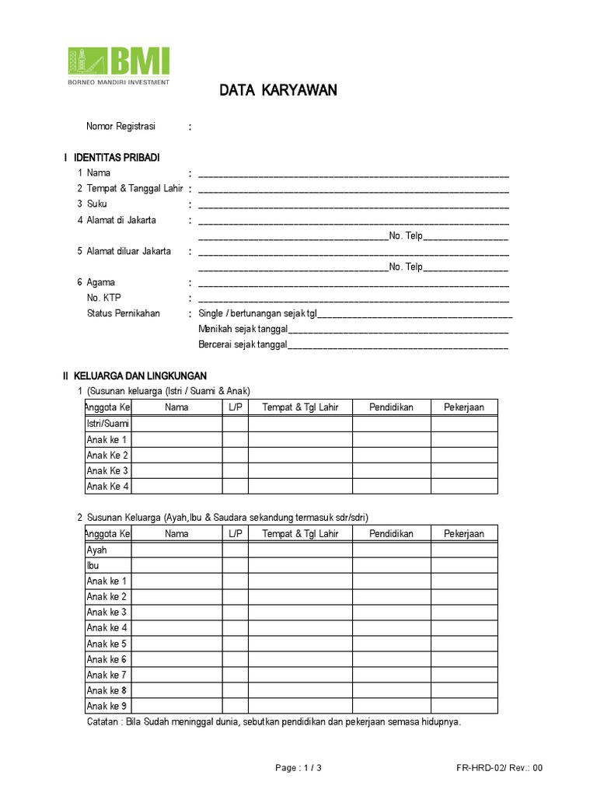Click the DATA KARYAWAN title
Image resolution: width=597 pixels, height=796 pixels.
(x=278, y=91)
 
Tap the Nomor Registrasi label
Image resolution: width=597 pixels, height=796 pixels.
(x=120, y=127)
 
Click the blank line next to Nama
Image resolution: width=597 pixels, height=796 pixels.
(x=354, y=174)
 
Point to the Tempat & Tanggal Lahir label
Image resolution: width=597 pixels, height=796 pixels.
(x=134, y=189)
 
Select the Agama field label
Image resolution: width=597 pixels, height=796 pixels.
(x=100, y=282)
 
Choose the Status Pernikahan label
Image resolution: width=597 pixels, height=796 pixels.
(x=123, y=313)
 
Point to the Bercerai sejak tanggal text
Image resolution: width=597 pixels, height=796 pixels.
(x=243, y=344)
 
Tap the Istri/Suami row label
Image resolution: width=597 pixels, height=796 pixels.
(x=107, y=424)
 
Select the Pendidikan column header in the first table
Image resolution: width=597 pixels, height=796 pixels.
(x=391, y=407)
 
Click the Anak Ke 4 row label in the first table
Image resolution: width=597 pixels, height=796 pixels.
(x=107, y=487)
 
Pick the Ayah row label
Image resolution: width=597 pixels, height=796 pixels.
(x=96, y=550)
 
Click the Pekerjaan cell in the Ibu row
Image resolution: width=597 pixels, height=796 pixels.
(x=463, y=566)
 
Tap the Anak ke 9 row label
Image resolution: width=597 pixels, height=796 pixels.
(x=106, y=706)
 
